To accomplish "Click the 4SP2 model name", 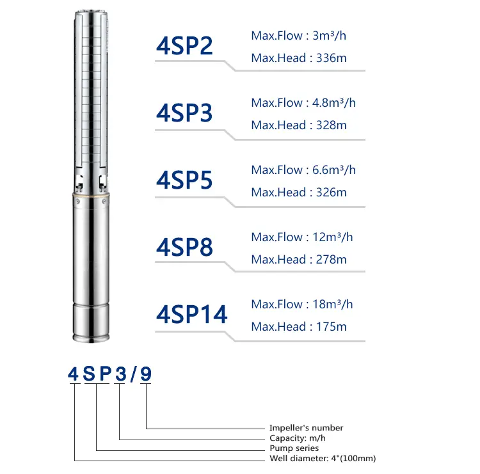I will coord(184,45).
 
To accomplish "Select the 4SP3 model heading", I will coord(184,113).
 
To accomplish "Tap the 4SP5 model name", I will coord(184,180).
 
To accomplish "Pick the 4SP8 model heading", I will coord(184,247).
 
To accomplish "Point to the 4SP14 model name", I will coord(192,314).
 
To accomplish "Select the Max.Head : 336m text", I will coord(299,58).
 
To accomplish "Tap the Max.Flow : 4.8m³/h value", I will coord(303,103).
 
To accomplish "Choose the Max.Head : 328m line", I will coord(299,125).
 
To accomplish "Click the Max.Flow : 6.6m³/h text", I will coord(303,170).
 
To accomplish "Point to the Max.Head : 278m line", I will coord(299,260).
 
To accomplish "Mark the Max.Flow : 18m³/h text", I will coord(302,304).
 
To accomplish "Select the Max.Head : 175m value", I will coord(299,327).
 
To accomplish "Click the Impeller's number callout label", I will coord(306,428).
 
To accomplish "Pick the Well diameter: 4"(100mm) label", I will coord(322,459).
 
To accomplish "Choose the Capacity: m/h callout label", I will coord(298,438).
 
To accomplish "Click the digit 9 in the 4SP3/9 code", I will coord(146,375).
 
